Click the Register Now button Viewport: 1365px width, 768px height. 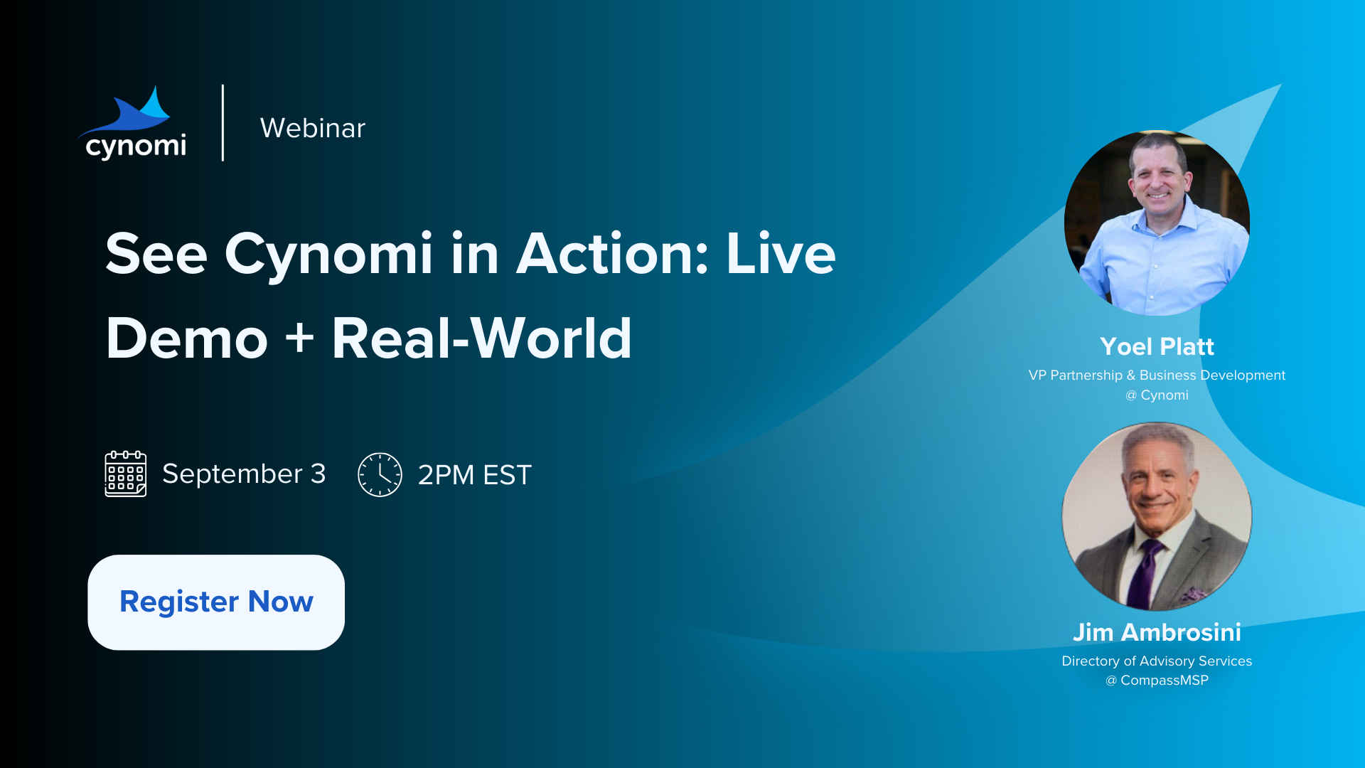pyautogui.click(x=216, y=602)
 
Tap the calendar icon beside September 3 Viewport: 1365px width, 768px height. pyautogui.click(x=126, y=474)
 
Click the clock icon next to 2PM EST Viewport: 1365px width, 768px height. pyautogui.click(x=380, y=474)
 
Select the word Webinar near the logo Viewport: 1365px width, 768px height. pyautogui.click(x=313, y=128)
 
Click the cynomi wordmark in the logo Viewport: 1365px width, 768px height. pyautogui.click(x=136, y=146)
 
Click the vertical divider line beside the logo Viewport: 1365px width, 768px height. pyautogui.click(x=223, y=123)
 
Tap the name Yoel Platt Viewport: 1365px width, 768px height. pyautogui.click(x=1157, y=346)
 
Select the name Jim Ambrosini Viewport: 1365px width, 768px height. pyautogui.click(x=1157, y=632)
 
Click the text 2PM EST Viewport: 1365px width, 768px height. pyautogui.click(x=475, y=475)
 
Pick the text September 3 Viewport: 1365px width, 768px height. pyautogui.click(x=244, y=474)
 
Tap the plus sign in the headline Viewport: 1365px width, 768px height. pyautogui.click(x=299, y=337)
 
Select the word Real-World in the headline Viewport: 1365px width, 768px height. pyautogui.click(x=482, y=338)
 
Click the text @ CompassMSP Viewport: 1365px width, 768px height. pyautogui.click(x=1157, y=681)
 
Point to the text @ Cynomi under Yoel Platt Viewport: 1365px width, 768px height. pyautogui.click(x=1157, y=395)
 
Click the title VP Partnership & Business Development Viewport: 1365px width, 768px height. pyautogui.click(x=1157, y=375)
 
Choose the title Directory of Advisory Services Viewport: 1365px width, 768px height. pyautogui.click(x=1157, y=661)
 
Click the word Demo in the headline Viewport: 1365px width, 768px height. pyautogui.click(x=187, y=338)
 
